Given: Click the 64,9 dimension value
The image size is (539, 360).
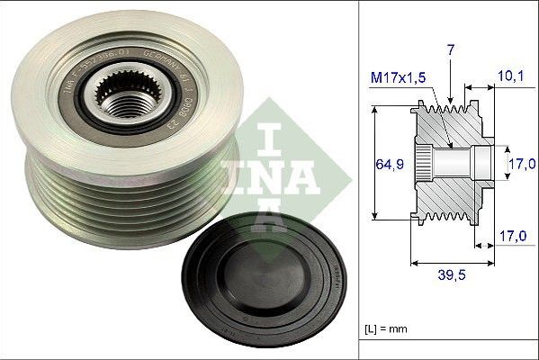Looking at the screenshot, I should [x=388, y=163].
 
